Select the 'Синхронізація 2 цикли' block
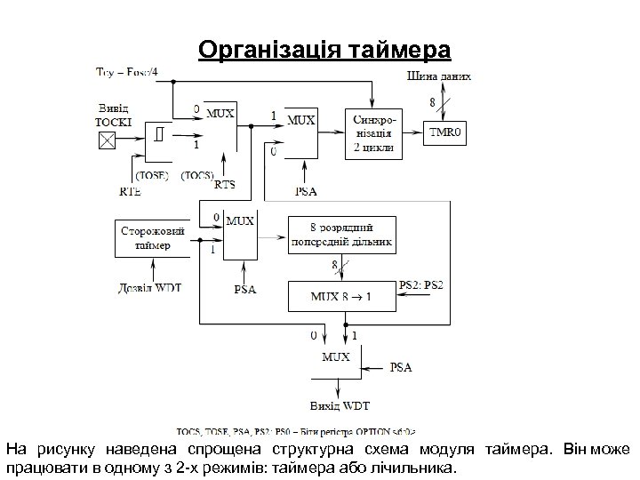coord(374,133)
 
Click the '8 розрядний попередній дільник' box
coord(340,235)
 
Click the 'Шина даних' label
coord(439,76)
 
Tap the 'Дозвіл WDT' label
coord(150,288)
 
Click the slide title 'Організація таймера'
coord(325,47)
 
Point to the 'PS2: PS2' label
coord(421,284)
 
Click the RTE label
coord(130,190)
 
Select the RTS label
coord(225,185)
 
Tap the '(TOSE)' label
coord(152,175)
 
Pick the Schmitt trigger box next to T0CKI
coord(158,136)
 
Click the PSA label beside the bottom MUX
coord(402,366)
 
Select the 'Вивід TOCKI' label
coord(113,113)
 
